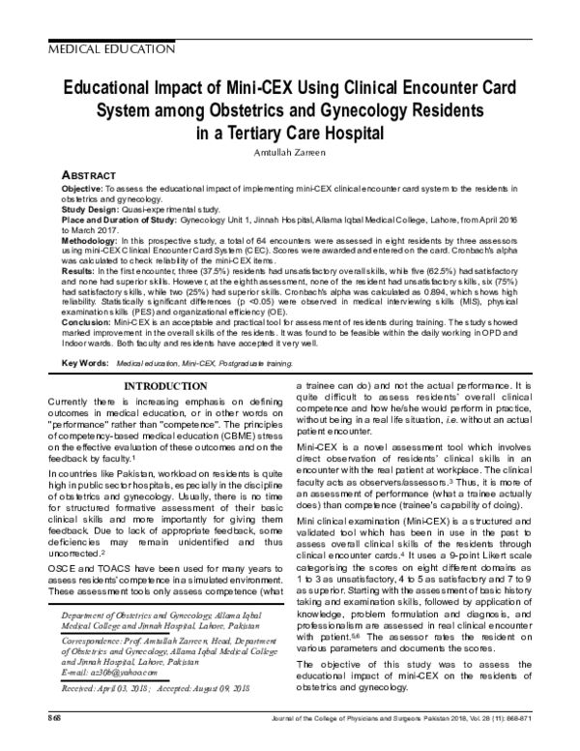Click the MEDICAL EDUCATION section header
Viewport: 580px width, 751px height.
coord(103,47)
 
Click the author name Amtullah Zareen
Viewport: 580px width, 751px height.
coord(290,153)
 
